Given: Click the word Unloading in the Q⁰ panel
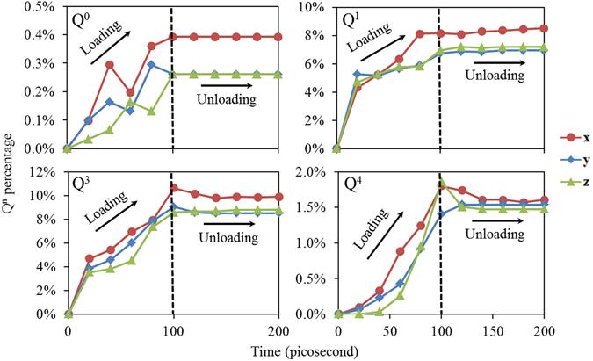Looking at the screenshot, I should pyautogui.click(x=226, y=99).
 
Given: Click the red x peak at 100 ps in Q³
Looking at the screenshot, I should pyautogui.click(x=174, y=187).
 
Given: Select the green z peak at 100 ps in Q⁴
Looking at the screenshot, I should pyautogui.click(x=441, y=183).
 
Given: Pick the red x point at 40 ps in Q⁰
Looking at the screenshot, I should pyautogui.click(x=110, y=64).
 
